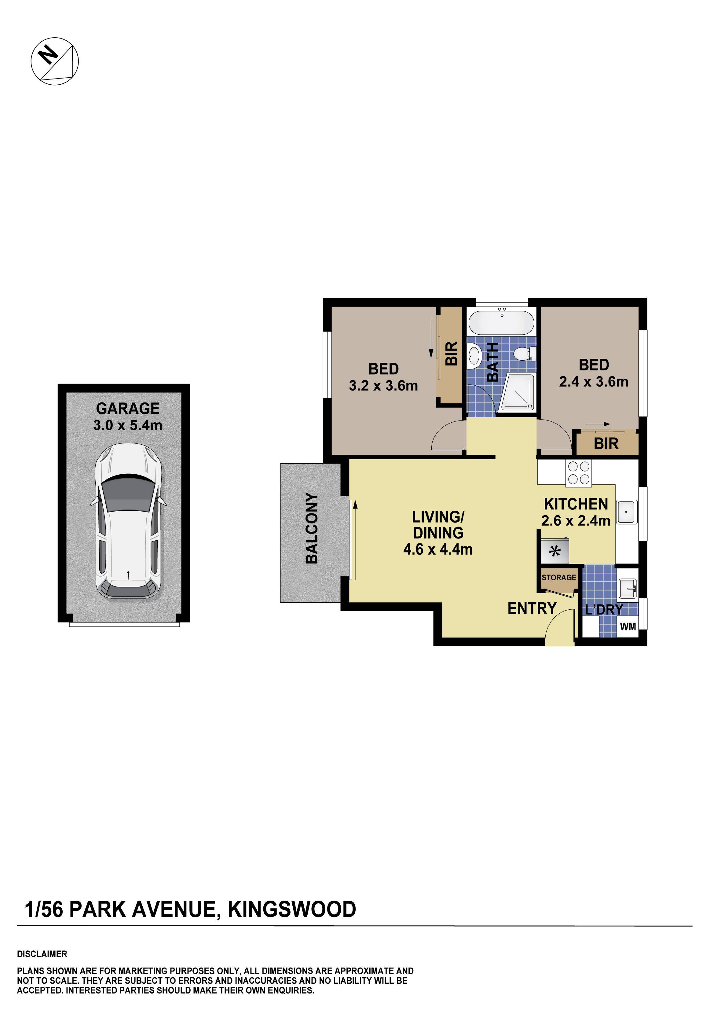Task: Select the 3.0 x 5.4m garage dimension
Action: (x=128, y=425)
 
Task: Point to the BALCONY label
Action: (x=312, y=528)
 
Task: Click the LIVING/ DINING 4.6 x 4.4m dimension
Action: (x=437, y=549)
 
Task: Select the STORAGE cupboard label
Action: (x=558, y=578)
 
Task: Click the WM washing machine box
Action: (x=628, y=626)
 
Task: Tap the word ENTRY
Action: (x=532, y=608)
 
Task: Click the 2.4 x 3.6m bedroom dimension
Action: (x=593, y=382)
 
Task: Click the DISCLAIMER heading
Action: (x=42, y=953)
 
